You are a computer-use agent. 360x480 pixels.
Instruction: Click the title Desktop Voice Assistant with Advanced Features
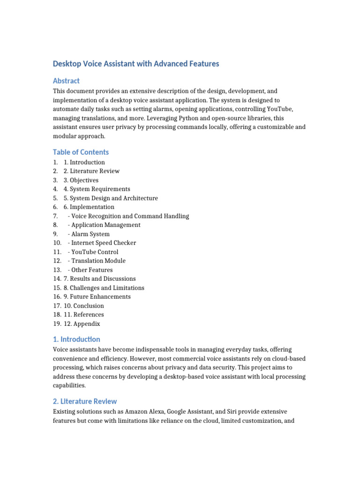coord(136,63)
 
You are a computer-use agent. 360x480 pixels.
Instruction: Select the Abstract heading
coord(66,81)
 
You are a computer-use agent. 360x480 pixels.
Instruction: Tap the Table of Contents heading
coord(81,152)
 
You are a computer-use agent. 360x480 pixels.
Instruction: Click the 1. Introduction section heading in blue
coord(76,339)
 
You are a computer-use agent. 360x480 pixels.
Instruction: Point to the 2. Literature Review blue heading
coord(85,401)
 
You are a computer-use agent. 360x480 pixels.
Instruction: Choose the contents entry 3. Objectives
coord(81,180)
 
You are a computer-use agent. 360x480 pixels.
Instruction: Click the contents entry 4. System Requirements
coord(97,189)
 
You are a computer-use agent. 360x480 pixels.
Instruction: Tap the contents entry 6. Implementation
coord(89,207)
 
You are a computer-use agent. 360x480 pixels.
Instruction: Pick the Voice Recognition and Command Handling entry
coord(128,216)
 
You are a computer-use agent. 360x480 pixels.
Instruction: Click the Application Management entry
coord(104,225)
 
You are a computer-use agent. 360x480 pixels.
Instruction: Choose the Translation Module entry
coord(97,261)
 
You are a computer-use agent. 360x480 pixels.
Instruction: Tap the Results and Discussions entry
coord(99,278)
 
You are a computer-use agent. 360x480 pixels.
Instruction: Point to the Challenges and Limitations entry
coord(104,288)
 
